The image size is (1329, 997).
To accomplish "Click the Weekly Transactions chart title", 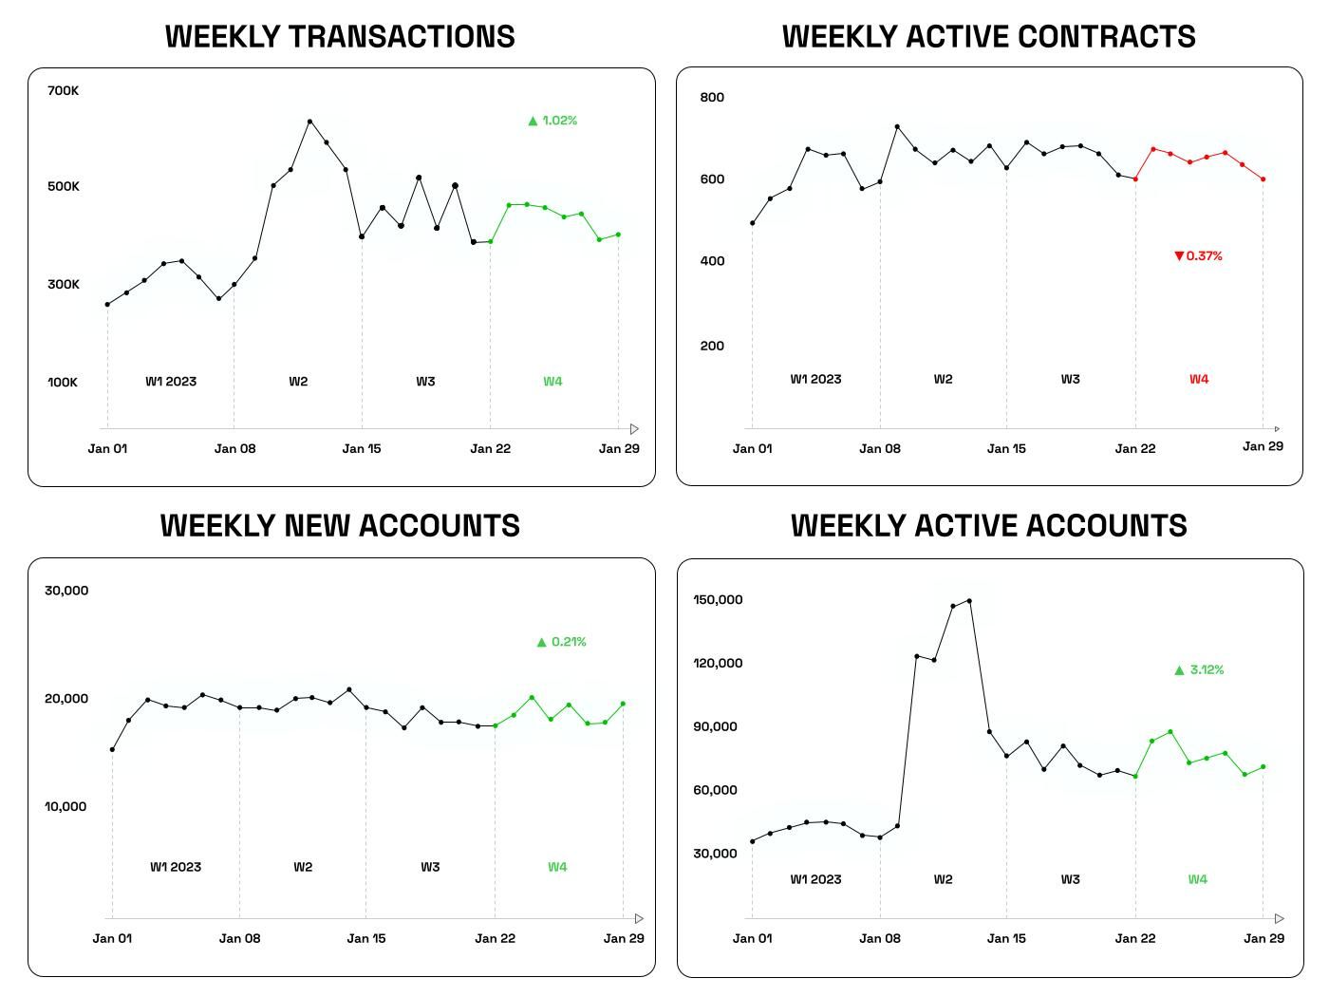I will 340,36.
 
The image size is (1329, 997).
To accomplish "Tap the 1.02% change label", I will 552,121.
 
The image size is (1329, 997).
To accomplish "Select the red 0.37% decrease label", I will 1198,255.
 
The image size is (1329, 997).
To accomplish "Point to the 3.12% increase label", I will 1199,669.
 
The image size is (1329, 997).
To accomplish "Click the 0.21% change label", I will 561,642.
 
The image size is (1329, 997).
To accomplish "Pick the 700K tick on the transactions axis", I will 64,90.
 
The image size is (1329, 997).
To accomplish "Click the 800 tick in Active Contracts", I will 712,97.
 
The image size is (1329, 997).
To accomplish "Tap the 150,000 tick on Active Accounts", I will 718,600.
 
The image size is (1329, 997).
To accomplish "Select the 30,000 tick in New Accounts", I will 66,591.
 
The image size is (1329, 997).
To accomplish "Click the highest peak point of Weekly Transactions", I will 309,122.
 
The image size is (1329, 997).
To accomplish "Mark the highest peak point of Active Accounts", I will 969,600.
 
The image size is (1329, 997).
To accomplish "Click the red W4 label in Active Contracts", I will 1199,379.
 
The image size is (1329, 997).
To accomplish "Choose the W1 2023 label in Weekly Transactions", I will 171,382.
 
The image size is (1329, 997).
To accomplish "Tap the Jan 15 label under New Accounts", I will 366,938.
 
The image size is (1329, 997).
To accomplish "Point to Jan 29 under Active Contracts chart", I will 1263,446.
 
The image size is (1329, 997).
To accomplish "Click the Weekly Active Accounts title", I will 989,526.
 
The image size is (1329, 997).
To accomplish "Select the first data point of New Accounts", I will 112,750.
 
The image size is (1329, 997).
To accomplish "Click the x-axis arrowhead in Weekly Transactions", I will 635,429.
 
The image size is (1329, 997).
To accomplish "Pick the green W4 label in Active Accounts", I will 1198,879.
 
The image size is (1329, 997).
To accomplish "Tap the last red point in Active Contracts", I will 1263,179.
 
